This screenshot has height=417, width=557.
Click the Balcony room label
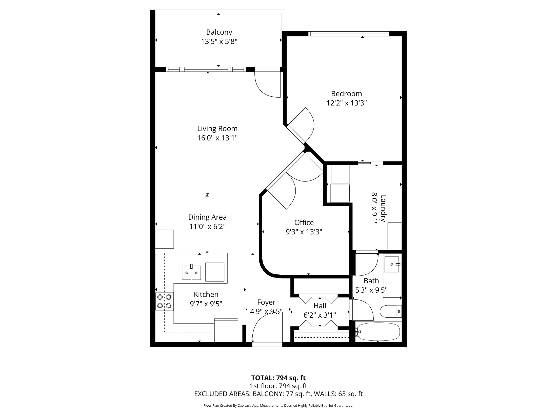pos(219,32)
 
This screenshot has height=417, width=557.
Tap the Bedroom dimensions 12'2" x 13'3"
pos(346,103)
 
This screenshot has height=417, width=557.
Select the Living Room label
pos(217,129)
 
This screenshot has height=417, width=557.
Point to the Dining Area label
pos(207,217)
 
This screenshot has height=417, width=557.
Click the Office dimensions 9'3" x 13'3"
pos(304,232)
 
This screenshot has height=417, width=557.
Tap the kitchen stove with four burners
pos(164,301)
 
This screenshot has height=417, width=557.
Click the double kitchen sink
pos(191,272)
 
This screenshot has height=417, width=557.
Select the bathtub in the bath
pos(378,332)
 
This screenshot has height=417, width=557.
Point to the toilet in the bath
pos(391,311)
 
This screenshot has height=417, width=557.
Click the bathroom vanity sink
pos(392,264)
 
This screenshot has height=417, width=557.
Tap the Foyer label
pos(266,302)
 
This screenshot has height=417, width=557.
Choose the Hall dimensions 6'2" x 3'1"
pos(320,315)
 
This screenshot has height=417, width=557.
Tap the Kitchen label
pos(206,294)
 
